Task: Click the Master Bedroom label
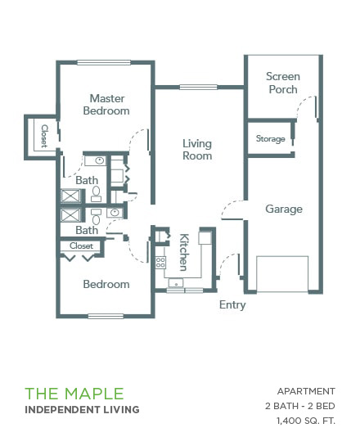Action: [x=106, y=105]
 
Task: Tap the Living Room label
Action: [x=197, y=150]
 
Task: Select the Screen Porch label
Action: [x=283, y=83]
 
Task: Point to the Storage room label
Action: [x=271, y=138]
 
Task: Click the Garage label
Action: [x=284, y=209]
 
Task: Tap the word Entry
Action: [x=232, y=305]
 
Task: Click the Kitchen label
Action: [x=184, y=252]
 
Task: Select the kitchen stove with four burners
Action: [x=160, y=262]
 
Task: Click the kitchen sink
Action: [x=176, y=283]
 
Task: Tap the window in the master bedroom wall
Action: [x=104, y=62]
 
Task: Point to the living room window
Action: [x=199, y=87]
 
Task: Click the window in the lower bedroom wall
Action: [x=106, y=316]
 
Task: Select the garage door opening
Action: [x=282, y=274]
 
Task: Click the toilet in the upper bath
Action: [x=96, y=193]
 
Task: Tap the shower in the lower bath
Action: [x=70, y=214]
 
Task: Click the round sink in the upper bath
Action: [x=99, y=160]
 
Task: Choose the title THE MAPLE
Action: [x=74, y=394]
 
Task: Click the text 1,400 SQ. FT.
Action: [x=306, y=421]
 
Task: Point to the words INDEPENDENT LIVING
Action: [x=82, y=410]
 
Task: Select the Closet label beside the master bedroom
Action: [x=44, y=136]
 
